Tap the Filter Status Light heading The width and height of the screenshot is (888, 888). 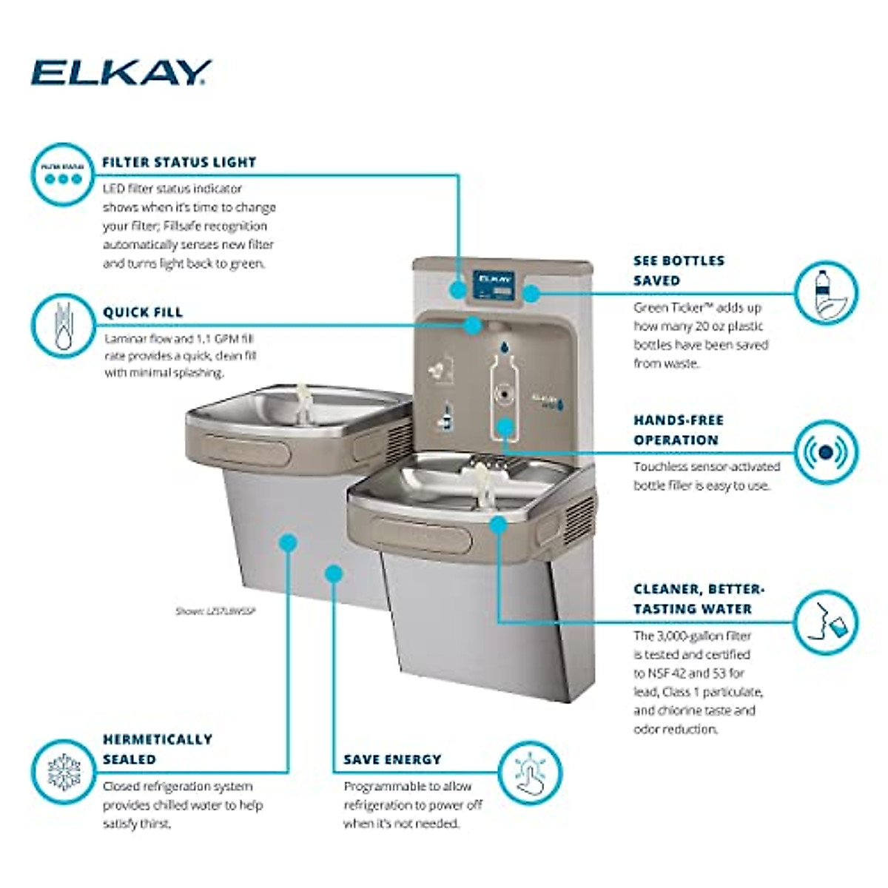point(179,162)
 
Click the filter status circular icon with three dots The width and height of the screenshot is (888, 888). point(63,174)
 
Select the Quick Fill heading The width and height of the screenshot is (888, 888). point(143,312)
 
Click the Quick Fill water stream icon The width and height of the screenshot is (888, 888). point(63,326)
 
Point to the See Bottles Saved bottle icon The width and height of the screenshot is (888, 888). point(826,292)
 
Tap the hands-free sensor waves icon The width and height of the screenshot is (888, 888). point(826,451)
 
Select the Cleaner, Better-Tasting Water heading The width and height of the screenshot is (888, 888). point(698,599)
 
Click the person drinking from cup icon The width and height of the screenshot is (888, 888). point(826,622)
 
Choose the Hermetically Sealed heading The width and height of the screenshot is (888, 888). point(157,749)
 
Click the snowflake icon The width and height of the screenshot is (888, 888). point(63,772)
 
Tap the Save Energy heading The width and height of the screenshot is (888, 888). point(392,760)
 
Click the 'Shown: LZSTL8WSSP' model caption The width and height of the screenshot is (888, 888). point(215,611)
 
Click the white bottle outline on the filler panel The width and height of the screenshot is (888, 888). point(504,392)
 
